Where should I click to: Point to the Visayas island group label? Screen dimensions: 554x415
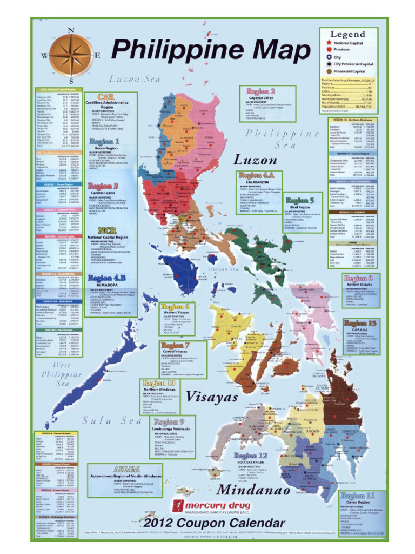point(212,397)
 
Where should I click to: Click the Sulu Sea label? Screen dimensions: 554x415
point(112,420)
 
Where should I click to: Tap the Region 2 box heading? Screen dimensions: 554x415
point(261,91)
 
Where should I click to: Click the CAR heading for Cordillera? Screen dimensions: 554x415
point(105,96)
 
